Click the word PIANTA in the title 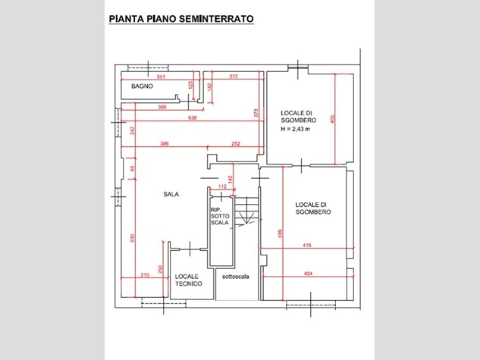(125, 17)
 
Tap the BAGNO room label (143, 87)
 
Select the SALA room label (171, 194)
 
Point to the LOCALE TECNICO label (187, 280)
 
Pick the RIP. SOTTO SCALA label (220, 217)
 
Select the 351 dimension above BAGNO (160, 77)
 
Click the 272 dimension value (234, 77)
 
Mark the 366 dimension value (162, 108)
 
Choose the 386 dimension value (164, 144)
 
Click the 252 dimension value (236, 144)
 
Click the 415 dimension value (307, 245)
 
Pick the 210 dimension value (144, 274)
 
